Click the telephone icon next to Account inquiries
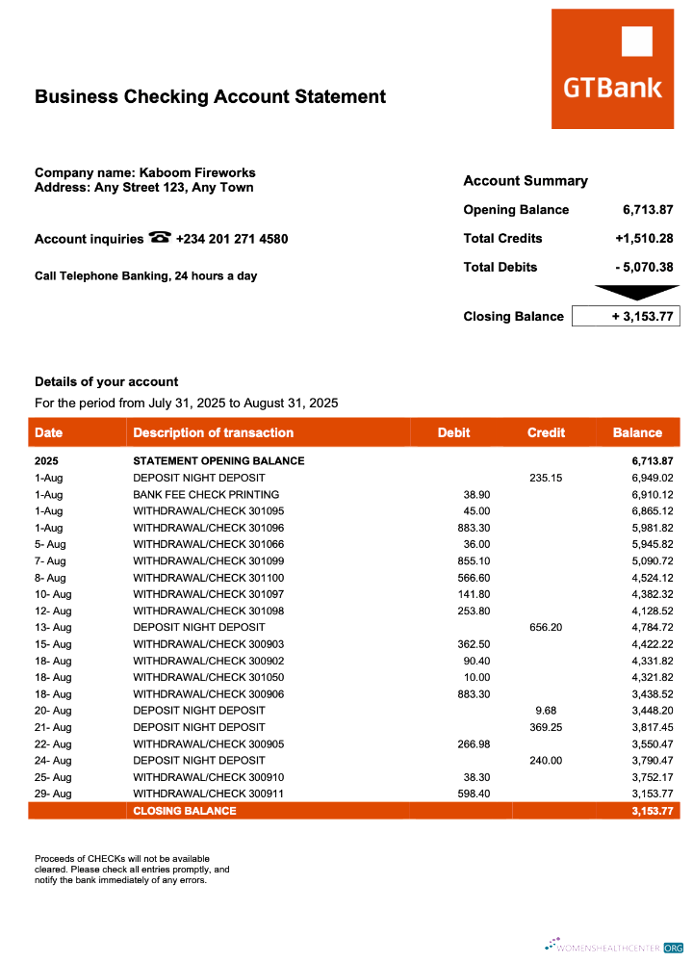coord(160,238)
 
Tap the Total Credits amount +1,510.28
coord(643,239)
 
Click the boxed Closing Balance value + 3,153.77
coord(626,316)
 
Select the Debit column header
coord(453,432)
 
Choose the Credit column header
coord(546,432)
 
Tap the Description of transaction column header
coord(213,432)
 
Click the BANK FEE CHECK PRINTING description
coord(206,494)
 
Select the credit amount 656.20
coord(545,627)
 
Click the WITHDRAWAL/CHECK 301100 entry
coord(209,577)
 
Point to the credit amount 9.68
coord(545,711)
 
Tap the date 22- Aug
coord(53,743)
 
